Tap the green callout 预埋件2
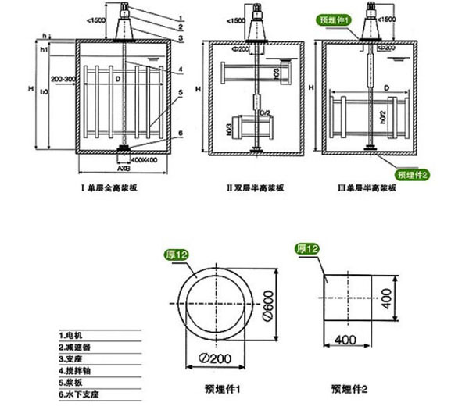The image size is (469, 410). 413,174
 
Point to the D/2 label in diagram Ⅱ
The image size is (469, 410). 265,114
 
